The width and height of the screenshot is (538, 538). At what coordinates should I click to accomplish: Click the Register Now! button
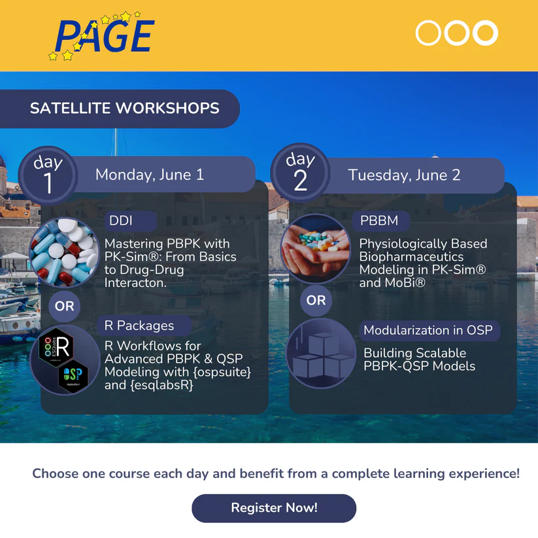point(274,508)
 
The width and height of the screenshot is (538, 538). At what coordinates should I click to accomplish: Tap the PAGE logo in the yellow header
point(102,37)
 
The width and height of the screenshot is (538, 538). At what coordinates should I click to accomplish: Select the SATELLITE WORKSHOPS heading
point(125,108)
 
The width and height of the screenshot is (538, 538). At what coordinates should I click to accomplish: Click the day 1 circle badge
point(48,176)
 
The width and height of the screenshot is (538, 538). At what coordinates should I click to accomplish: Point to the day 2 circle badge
point(300,173)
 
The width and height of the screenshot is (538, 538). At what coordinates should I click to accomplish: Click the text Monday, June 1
point(150,175)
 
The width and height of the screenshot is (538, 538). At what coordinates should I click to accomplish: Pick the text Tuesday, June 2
point(404,175)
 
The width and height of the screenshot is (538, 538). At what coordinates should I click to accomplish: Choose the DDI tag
point(131,220)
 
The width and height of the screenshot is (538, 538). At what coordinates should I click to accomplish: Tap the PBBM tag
point(381,220)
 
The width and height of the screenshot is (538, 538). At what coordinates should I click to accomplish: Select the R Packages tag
point(144,326)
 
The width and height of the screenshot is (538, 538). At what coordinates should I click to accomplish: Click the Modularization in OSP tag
point(429,330)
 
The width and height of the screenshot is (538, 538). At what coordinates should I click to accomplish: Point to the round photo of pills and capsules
point(65,252)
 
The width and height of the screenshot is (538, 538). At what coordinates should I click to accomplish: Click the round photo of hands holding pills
point(316,249)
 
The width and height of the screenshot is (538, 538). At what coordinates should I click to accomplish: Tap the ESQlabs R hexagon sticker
point(56,347)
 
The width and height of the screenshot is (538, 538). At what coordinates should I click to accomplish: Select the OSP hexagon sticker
point(73,375)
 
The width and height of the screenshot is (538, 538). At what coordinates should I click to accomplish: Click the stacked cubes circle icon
point(321,354)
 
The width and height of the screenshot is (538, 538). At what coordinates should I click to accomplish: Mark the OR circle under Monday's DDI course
point(65,306)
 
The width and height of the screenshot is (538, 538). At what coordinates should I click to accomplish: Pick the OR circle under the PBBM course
point(316,300)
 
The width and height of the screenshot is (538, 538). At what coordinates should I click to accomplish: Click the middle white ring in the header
point(457,33)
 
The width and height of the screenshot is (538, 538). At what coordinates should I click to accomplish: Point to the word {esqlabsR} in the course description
point(161,385)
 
